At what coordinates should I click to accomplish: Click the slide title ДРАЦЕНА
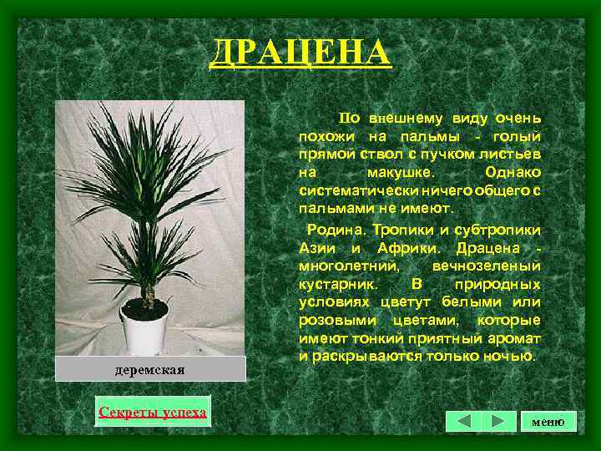coord(300,53)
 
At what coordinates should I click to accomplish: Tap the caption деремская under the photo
coord(150,369)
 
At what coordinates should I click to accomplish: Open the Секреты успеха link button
coord(153,412)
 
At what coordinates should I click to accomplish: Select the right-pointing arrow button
coord(497,421)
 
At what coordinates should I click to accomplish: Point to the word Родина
coord(331,230)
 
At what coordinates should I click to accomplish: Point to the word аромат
coord(518,338)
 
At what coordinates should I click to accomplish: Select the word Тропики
coord(398,230)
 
